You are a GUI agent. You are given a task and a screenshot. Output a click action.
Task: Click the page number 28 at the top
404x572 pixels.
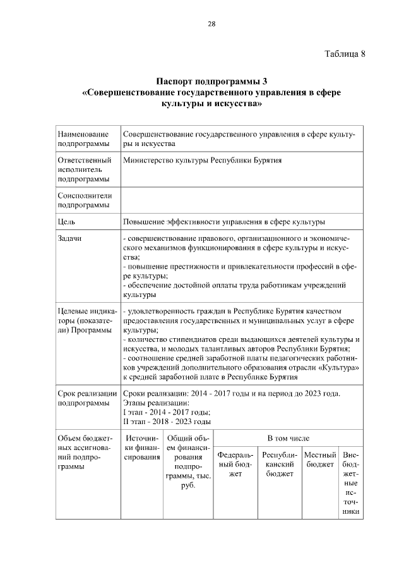tap(211, 24)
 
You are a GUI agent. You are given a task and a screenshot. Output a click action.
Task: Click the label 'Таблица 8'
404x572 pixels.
tap(345, 53)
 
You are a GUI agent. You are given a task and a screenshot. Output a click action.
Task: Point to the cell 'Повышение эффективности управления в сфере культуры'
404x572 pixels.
tap(224, 222)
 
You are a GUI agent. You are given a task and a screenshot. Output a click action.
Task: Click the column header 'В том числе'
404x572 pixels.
tap(288, 438)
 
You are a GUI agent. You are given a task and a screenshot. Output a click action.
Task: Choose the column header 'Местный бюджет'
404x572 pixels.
tap(319, 459)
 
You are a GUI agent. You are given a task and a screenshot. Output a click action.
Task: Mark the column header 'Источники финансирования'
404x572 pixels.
tap(142, 447)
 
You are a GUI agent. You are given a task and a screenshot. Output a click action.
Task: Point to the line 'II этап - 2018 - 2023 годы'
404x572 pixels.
tap(167, 422)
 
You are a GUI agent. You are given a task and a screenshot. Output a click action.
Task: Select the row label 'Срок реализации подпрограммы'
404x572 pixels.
tap(86, 398)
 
